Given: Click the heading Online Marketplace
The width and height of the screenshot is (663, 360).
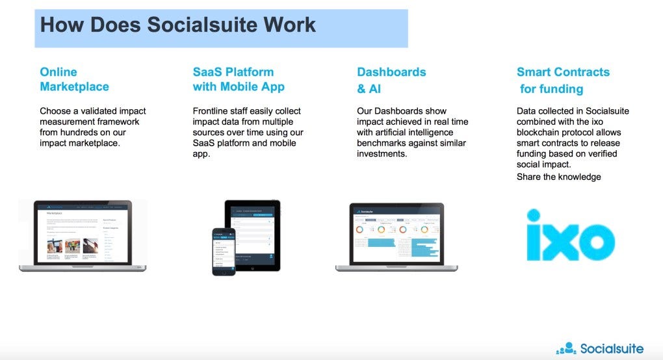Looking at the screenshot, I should coord(74,79).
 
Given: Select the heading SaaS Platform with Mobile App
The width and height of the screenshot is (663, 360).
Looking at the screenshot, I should coord(239,79).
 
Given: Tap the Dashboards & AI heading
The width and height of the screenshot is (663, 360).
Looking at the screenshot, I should coord(391,80).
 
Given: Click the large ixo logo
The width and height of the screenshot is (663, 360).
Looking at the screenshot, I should coord(570,235).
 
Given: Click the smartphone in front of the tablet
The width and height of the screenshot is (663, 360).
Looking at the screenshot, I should coord(224,251).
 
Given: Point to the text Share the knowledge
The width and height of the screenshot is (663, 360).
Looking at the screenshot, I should coord(558,177).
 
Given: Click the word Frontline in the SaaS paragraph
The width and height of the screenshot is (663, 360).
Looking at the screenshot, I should coord(212,111).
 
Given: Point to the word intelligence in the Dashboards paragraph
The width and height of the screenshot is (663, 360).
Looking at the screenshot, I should coord(441,133).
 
